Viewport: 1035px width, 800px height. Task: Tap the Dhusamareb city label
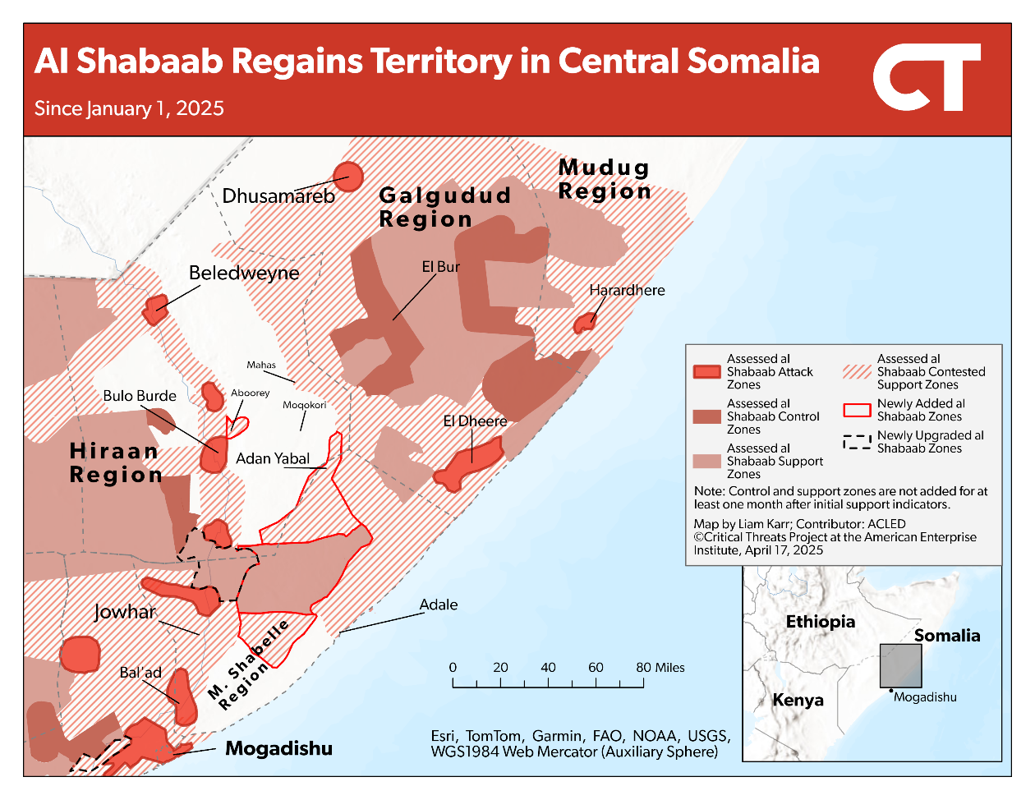pos(278,196)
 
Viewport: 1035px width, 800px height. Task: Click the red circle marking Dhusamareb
pos(347,177)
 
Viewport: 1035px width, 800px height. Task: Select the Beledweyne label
pos(244,273)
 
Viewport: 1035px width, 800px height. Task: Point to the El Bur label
pos(440,267)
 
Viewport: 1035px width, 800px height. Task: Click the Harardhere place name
pos(627,290)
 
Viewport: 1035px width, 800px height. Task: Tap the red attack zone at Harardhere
pos(585,323)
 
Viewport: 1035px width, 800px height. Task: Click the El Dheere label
pos(475,421)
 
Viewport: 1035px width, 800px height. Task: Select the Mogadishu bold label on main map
pos(278,748)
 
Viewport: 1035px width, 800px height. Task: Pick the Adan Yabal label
pos(273,458)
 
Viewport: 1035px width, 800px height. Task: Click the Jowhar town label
pos(125,612)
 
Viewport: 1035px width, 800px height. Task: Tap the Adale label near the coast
pos(439,605)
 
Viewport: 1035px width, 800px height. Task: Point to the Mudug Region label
pos(605,179)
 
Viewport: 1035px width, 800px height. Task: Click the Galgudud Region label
pos(444,207)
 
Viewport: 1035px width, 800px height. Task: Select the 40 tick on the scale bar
pos(548,668)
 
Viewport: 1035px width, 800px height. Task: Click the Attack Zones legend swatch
pos(706,372)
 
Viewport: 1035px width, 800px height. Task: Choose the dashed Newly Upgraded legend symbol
pos(857,442)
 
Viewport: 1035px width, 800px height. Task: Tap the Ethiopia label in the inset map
pos(820,622)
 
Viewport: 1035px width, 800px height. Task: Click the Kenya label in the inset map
pos(798,700)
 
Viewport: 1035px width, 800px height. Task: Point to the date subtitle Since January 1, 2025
pos(129,108)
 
